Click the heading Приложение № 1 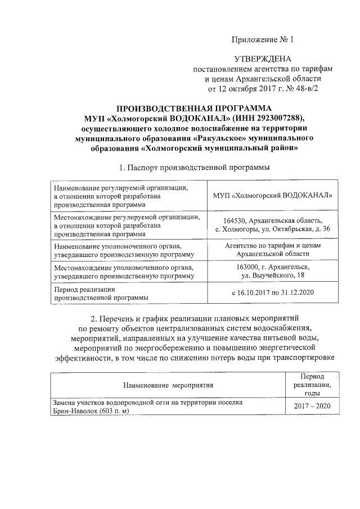pos(263,40)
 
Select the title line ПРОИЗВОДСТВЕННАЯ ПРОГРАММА pos(193,107)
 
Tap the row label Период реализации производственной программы pos(101,292)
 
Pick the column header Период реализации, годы pos(312,385)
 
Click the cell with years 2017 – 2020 pos(312,407)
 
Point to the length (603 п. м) pos(110,411)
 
